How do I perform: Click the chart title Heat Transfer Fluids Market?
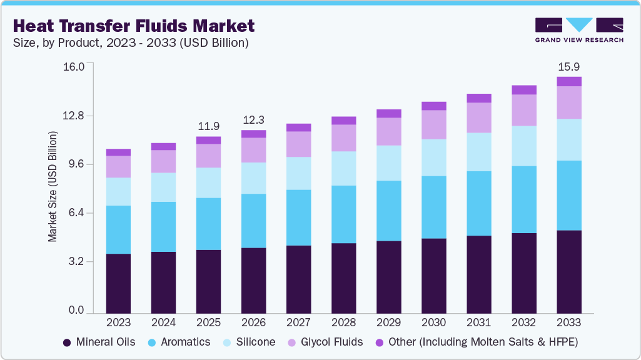133,26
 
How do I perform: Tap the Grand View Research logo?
578,30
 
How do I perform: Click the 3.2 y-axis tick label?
80,262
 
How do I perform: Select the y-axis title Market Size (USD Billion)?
53,187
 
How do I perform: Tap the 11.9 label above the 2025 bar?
208,126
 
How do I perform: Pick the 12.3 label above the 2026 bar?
253,119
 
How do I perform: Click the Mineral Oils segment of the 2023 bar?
118,283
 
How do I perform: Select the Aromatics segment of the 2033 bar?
569,195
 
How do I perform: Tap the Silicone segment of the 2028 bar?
343,168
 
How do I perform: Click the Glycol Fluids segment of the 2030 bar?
433,124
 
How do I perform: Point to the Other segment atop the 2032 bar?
524,90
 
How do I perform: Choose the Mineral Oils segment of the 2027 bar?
298,279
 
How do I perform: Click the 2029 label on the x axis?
388,323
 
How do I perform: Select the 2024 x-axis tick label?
163,323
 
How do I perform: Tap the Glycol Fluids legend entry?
325,342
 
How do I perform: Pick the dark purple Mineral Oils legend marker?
67,342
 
